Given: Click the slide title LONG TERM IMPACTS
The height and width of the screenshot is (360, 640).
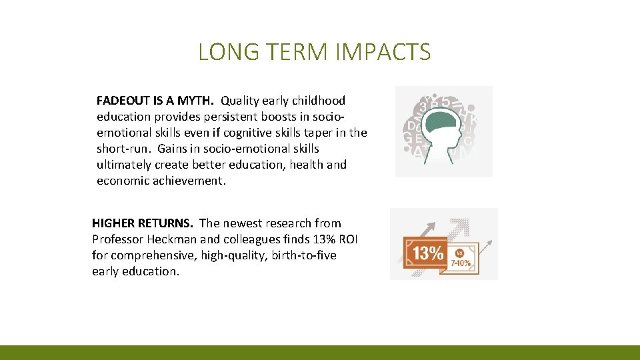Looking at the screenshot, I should pos(314,52).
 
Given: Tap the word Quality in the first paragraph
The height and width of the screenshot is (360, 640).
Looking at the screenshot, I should pos(240,101).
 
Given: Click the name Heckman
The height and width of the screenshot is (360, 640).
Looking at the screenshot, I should pos(174,239).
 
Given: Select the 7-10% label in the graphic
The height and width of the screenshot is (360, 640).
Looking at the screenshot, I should pos(461,263).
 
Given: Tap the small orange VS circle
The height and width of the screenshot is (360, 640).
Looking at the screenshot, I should pos(459,253).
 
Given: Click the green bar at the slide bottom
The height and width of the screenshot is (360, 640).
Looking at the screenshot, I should pos(320,353).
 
